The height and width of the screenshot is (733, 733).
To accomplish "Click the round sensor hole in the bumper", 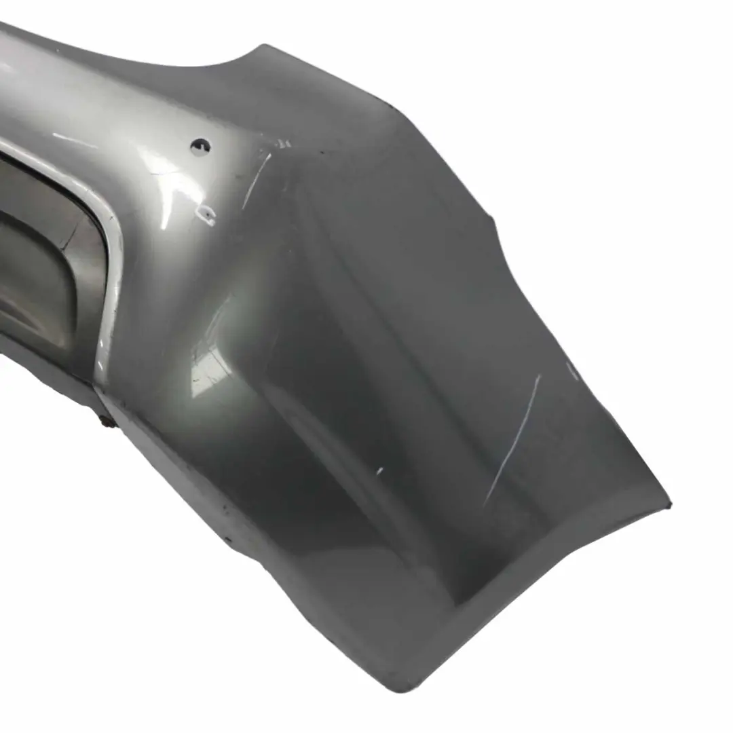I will [x=200, y=146].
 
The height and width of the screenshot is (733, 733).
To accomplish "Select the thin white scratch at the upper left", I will [x=75, y=141].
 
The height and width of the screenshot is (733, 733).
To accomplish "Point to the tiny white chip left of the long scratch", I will [x=379, y=470].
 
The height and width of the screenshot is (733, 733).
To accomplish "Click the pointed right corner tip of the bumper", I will [x=668, y=506].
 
